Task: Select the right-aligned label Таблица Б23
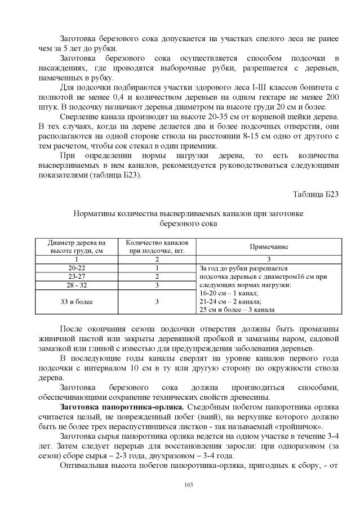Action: point(315,194)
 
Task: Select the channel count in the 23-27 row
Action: point(157,277)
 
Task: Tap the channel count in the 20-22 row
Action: point(157,269)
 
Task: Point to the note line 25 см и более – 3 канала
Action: point(237,310)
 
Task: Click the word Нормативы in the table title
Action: point(96,213)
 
